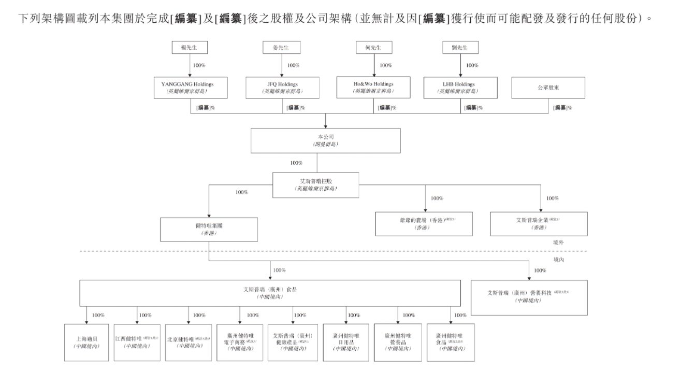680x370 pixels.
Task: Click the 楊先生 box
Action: (190, 48)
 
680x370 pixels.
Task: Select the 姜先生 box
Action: (282, 48)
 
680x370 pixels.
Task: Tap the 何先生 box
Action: (374, 48)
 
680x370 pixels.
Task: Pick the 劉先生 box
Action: (460, 48)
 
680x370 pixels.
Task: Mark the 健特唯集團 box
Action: (209, 230)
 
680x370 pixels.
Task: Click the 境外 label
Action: (557, 243)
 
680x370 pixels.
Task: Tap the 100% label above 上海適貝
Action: (98, 315)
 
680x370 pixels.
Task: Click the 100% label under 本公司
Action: (296, 162)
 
